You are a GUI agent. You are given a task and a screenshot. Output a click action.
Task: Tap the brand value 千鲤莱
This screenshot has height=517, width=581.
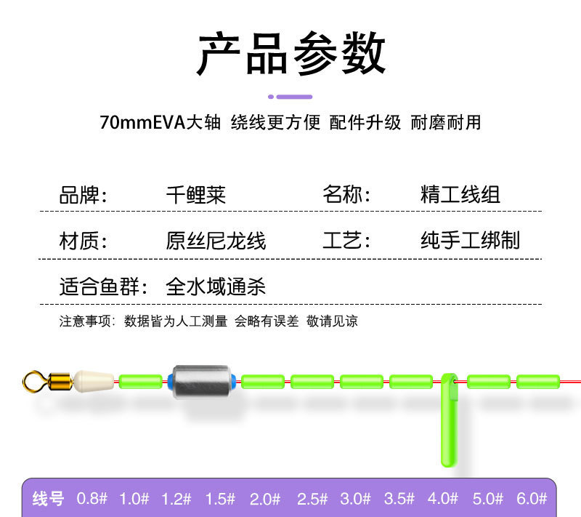point(196,195)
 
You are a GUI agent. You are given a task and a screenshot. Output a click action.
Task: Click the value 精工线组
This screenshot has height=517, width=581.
point(460,195)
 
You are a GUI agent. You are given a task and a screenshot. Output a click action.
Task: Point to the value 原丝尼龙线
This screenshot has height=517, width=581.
point(216,241)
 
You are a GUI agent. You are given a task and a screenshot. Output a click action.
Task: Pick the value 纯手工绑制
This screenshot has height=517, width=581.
point(470,241)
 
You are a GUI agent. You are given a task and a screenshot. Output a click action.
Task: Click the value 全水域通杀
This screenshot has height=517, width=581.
point(216,286)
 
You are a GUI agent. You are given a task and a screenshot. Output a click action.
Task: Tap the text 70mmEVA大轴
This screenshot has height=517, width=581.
point(160,122)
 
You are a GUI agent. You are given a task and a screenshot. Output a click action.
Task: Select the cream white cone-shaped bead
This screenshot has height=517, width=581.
point(93,380)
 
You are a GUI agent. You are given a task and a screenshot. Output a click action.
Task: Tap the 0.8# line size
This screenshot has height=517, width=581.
point(92,499)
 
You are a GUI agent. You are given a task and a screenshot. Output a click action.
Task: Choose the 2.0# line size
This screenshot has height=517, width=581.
point(265,499)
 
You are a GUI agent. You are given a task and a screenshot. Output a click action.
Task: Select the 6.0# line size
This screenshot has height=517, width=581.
point(532,499)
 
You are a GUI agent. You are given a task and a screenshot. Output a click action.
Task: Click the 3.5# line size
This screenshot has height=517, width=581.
point(399,499)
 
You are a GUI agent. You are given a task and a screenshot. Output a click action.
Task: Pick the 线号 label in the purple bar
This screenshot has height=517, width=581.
point(49,499)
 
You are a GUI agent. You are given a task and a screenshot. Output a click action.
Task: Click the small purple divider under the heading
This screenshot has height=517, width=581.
point(290,96)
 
